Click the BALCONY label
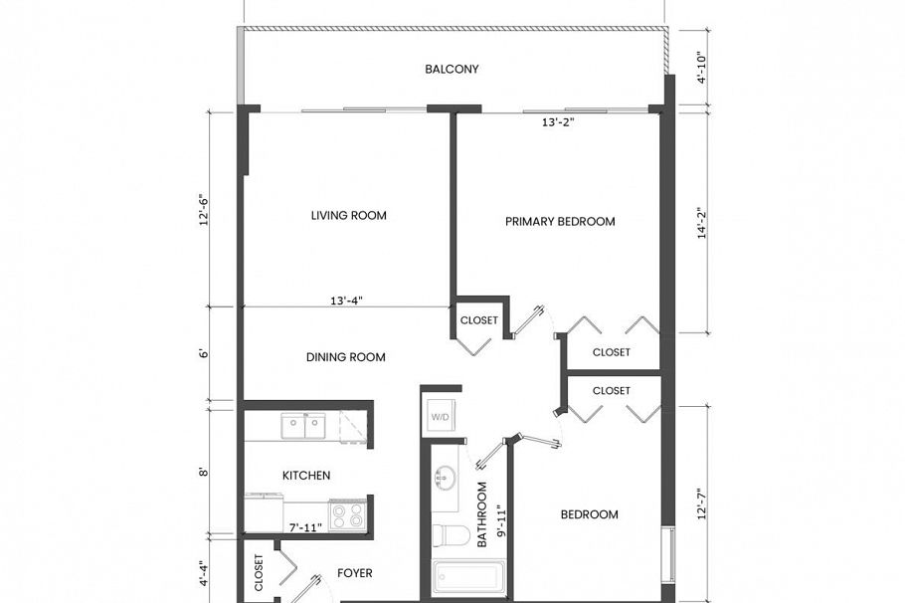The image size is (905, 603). tap(452, 70)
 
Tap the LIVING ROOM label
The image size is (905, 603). tap(348, 216)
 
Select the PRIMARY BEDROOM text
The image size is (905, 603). tap(560, 222)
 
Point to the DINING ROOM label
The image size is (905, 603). tap(345, 357)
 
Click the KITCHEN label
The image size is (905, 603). tap(306, 476)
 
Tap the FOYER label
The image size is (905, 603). tap(354, 573)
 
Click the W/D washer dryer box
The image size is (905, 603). tap(439, 417)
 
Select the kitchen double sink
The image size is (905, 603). tap(302, 427)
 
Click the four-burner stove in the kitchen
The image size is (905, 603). tap(347, 514)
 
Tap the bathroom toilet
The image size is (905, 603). tap(454, 535)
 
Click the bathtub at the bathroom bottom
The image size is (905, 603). tap(468, 577)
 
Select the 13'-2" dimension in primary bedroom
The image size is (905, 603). tap(558, 123)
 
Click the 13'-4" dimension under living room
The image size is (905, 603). tap(346, 299)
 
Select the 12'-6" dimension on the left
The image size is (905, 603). tap(205, 210)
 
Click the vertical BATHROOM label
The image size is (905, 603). tap(481, 515)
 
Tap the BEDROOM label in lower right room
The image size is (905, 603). tap(589, 514)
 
